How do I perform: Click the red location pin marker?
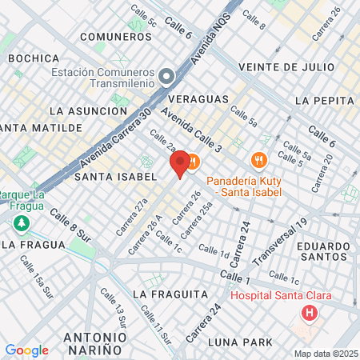(181, 162)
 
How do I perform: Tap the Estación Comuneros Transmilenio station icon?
(166, 77)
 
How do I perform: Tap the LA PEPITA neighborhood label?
(324, 101)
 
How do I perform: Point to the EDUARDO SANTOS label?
(323, 252)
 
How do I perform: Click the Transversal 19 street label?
(280, 242)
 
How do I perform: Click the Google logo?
(26, 350)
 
